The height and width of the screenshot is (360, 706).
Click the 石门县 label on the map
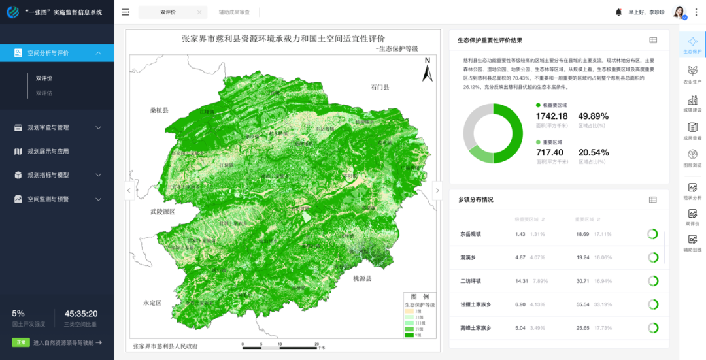click(x=380, y=87)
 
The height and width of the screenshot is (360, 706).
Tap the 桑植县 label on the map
click(x=159, y=110)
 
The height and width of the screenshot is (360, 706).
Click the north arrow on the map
click(x=428, y=69)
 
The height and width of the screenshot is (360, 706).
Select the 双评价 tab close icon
click(x=199, y=12)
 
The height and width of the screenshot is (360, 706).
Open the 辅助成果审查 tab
click(x=235, y=12)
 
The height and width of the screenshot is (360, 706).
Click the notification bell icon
click(x=618, y=12)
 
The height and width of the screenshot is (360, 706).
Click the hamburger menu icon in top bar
click(x=126, y=12)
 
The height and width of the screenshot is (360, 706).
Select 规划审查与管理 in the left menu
click(x=58, y=127)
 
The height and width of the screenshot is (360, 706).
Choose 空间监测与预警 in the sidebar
click(x=58, y=199)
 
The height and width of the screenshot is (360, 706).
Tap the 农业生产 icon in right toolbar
click(x=692, y=74)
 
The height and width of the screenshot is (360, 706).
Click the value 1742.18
click(x=552, y=116)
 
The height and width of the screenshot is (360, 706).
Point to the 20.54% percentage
click(x=594, y=153)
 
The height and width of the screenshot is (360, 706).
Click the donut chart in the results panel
click(x=493, y=133)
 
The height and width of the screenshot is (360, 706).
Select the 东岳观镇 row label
click(x=471, y=234)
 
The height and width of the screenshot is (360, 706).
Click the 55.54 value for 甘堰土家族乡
click(x=582, y=304)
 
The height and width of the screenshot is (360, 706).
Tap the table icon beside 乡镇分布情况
click(x=652, y=199)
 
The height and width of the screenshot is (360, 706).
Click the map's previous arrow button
click(x=129, y=191)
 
